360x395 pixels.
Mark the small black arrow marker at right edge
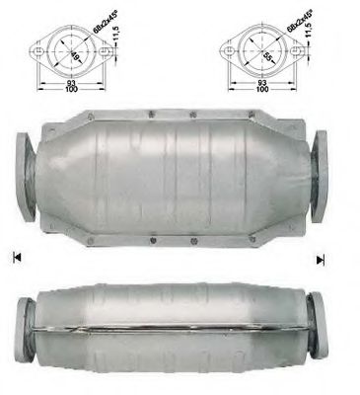coord(321,260)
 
